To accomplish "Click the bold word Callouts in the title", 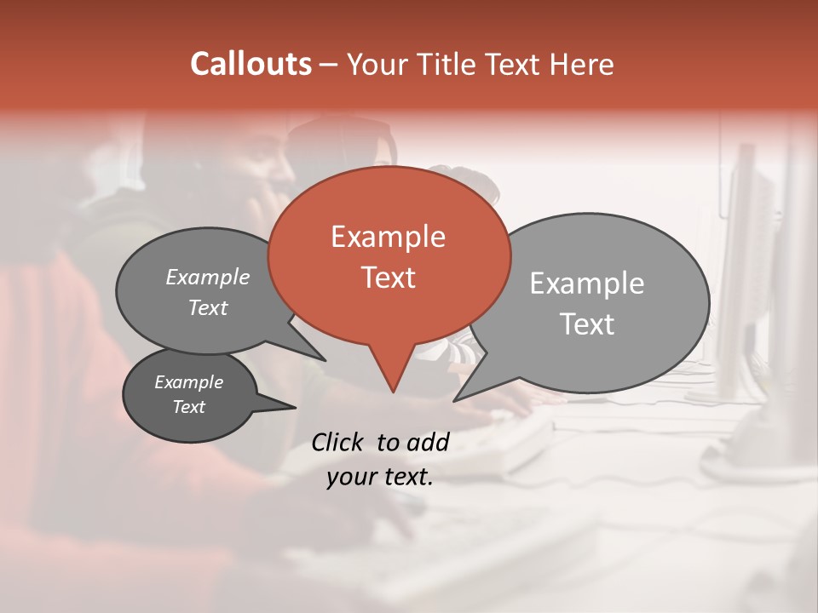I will click(251, 64).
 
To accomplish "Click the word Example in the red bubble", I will click(388, 237).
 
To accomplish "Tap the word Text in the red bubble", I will click(388, 278).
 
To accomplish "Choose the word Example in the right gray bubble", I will click(586, 284).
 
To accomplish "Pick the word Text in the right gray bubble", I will click(588, 324).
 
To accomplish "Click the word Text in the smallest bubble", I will click(188, 407).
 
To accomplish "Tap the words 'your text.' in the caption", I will click(380, 478).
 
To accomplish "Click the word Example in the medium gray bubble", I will click(207, 278).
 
